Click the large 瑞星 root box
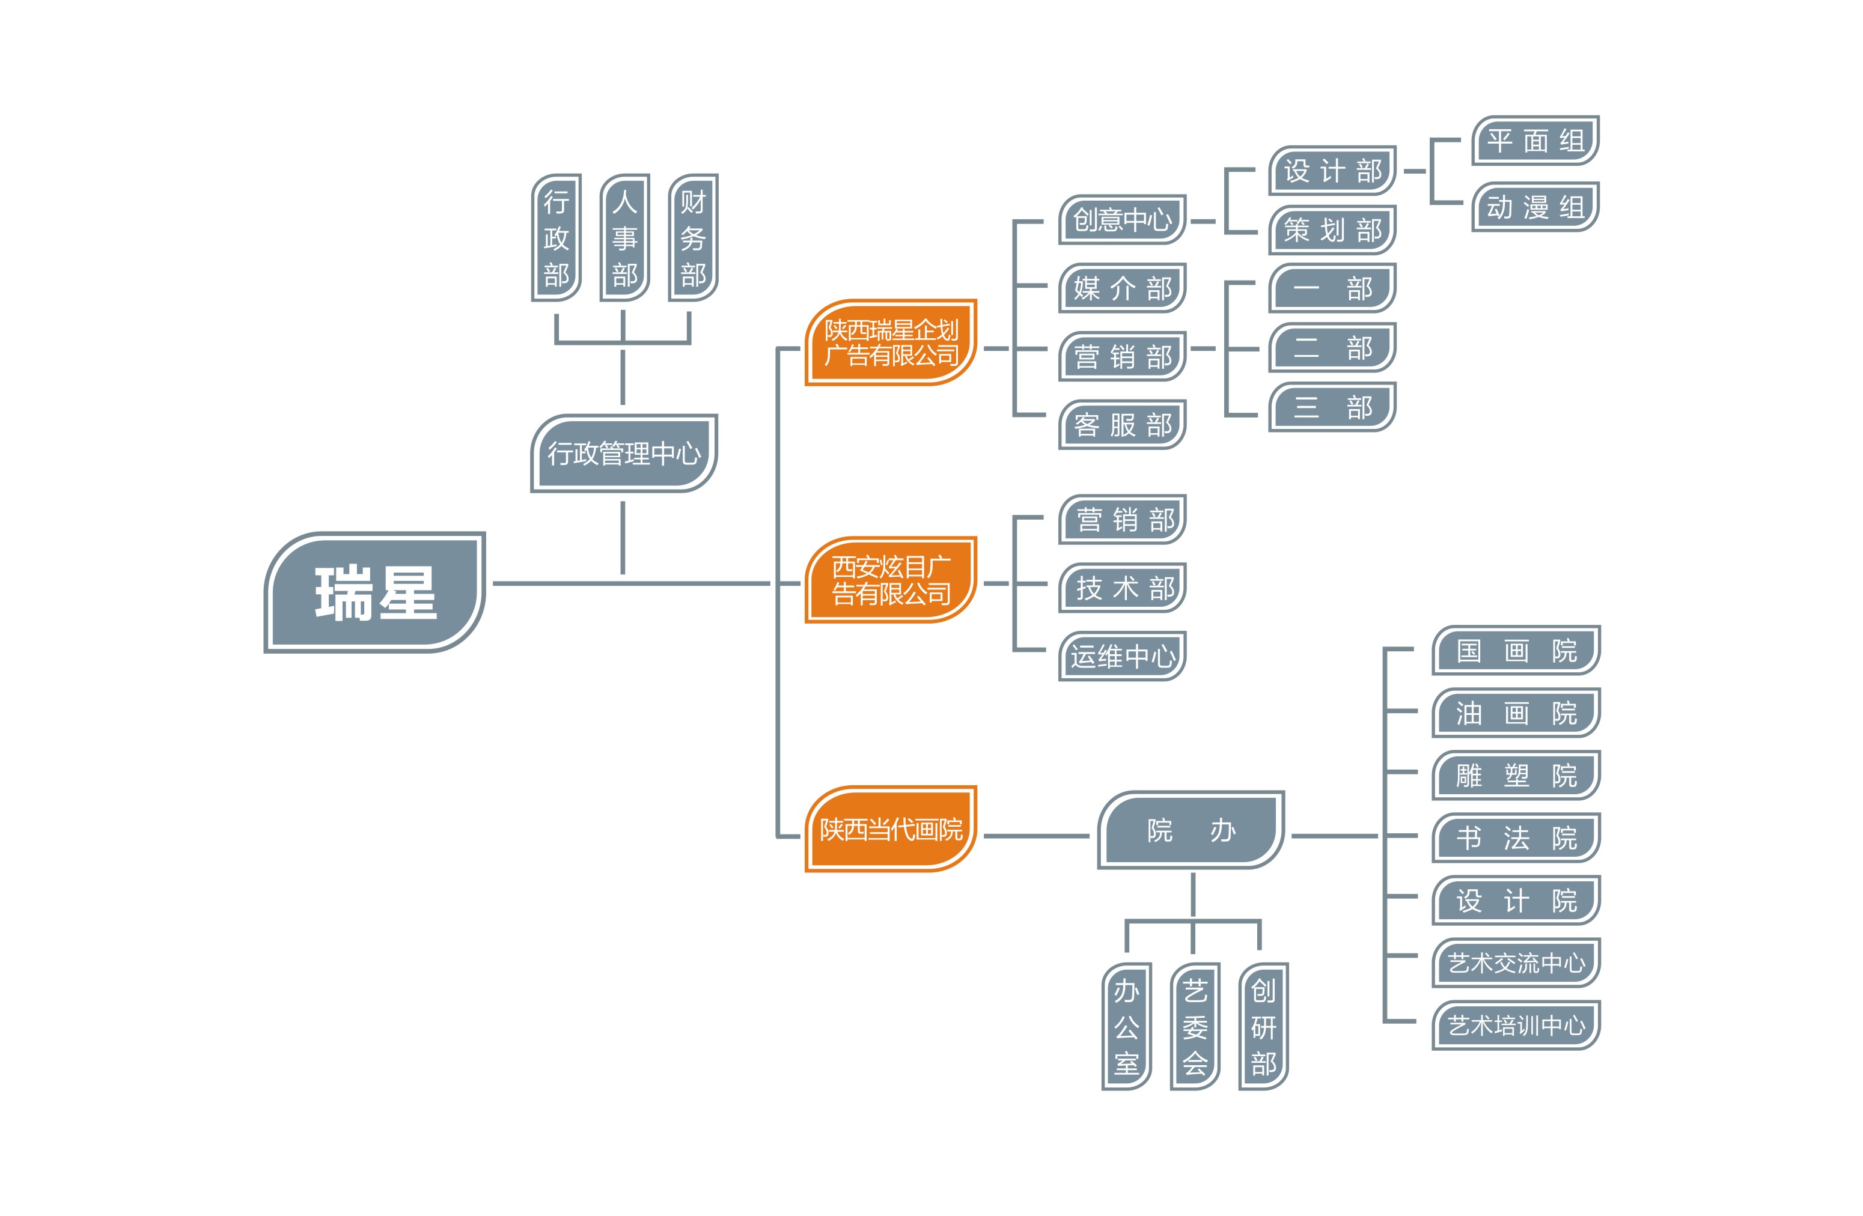(x=374, y=592)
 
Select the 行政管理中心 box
(x=624, y=453)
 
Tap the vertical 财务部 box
(x=693, y=238)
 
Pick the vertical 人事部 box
(x=624, y=238)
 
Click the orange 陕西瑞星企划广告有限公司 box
(x=891, y=342)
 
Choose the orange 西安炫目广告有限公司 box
(x=891, y=580)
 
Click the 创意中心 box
(x=1122, y=220)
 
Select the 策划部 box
(x=1332, y=230)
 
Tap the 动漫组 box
(x=1534, y=207)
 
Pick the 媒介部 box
(x=1122, y=288)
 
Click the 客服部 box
(x=1122, y=425)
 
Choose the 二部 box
(x=1332, y=347)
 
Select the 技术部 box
(x=1122, y=588)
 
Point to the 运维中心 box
(x=1122, y=655)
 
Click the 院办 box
(x=1191, y=830)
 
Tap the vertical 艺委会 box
(x=1195, y=1026)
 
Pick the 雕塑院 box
(x=1516, y=776)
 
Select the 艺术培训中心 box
(x=1516, y=1025)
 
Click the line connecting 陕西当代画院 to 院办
(x=1035, y=836)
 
